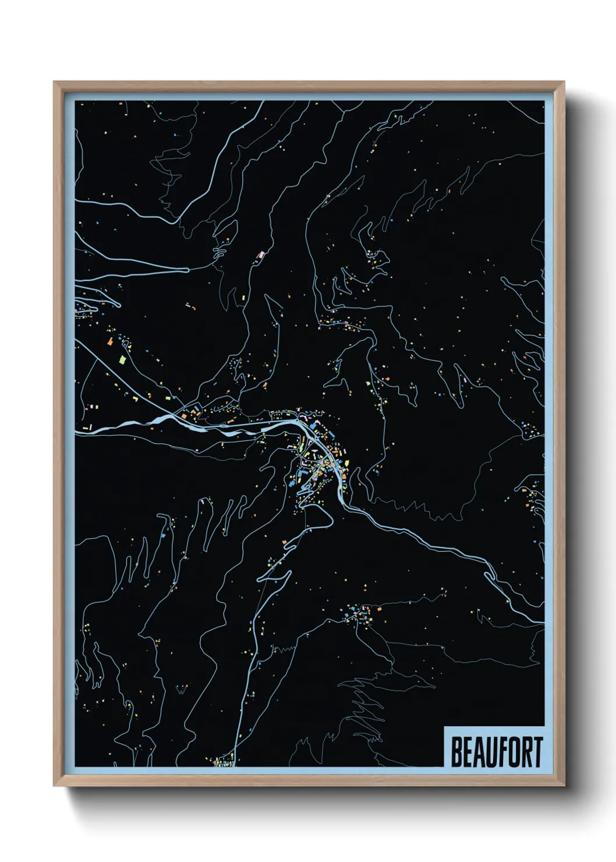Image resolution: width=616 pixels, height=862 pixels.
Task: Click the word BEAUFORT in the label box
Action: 497,753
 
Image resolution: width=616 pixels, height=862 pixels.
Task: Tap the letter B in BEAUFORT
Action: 457,753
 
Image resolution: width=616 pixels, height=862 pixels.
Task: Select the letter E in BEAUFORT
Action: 469,753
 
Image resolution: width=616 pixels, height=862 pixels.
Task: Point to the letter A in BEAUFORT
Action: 481,753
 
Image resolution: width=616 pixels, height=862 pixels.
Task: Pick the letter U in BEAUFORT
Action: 493,753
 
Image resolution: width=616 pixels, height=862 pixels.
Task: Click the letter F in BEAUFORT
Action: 505,753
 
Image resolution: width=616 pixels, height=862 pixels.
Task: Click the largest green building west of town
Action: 123,359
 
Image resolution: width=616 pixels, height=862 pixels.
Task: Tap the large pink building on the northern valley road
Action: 261,255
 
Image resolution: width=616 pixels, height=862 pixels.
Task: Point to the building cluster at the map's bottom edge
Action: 224,760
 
